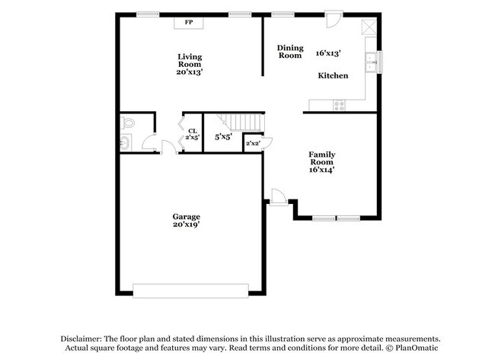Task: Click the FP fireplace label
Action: click(188, 23)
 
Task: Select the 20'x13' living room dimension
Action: click(190, 72)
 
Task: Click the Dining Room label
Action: click(289, 51)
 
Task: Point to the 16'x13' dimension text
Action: click(328, 53)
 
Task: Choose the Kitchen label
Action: click(333, 75)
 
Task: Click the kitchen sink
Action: click(372, 62)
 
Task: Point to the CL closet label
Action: click(193, 131)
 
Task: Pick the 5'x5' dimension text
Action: click(224, 138)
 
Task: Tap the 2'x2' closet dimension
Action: click(253, 144)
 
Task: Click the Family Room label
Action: click(321, 158)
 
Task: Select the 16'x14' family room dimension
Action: click(322, 170)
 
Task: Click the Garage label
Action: click(186, 216)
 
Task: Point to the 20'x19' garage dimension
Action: click(186, 225)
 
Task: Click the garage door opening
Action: click(190, 290)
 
